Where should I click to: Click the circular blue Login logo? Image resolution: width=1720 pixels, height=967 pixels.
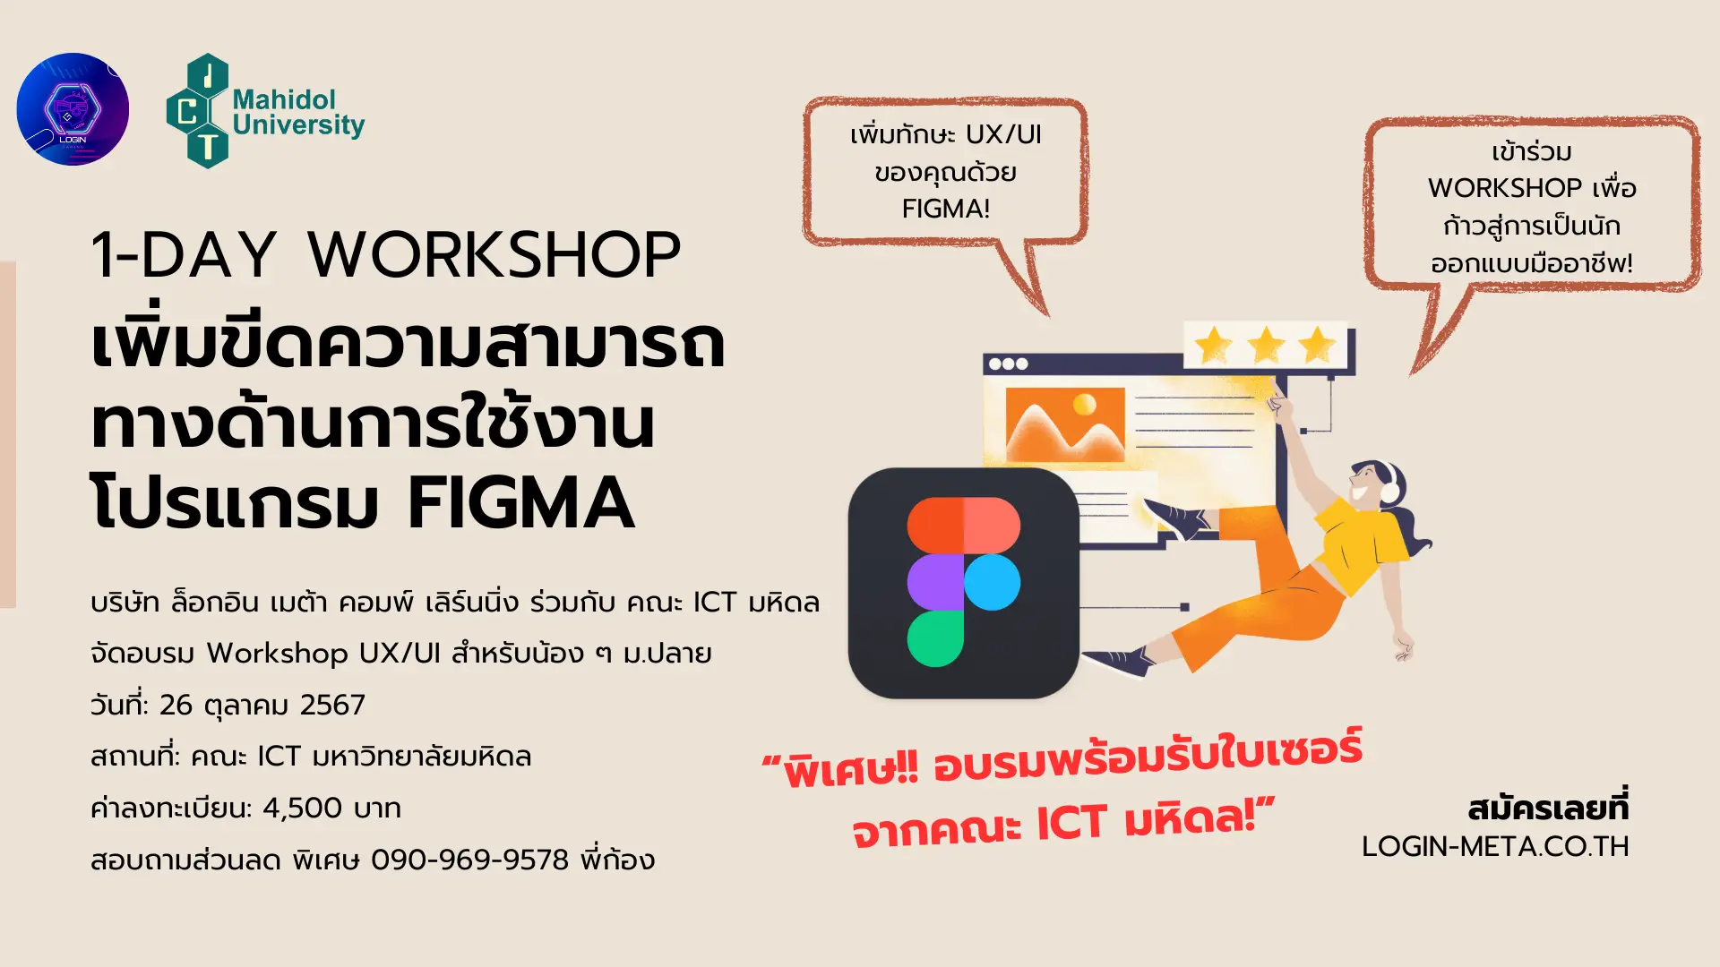[x=73, y=109]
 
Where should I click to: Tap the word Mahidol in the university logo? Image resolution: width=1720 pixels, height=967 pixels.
[x=284, y=99]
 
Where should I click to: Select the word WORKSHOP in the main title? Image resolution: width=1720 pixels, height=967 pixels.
[x=494, y=255]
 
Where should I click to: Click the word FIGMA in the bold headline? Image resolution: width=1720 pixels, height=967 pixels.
[x=521, y=503]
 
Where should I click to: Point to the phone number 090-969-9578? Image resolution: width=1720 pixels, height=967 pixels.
[x=470, y=860]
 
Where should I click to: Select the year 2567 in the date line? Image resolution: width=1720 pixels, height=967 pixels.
[x=332, y=706]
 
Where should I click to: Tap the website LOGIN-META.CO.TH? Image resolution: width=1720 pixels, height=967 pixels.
[x=1495, y=847]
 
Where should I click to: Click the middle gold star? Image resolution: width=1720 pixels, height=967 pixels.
[x=1266, y=346]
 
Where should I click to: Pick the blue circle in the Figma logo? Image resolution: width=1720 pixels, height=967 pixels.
[x=992, y=582]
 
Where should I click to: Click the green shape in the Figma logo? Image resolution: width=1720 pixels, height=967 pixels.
[x=935, y=638]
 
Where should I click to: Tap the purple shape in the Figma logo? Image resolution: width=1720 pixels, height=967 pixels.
[x=935, y=582]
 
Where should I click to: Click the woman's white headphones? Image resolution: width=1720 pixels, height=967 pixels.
[x=1391, y=483]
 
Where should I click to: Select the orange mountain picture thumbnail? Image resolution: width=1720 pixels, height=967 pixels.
[x=1065, y=424]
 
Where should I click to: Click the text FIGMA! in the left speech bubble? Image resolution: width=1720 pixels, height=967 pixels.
[x=946, y=210]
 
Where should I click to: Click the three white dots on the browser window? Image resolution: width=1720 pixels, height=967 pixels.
[x=1008, y=364]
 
